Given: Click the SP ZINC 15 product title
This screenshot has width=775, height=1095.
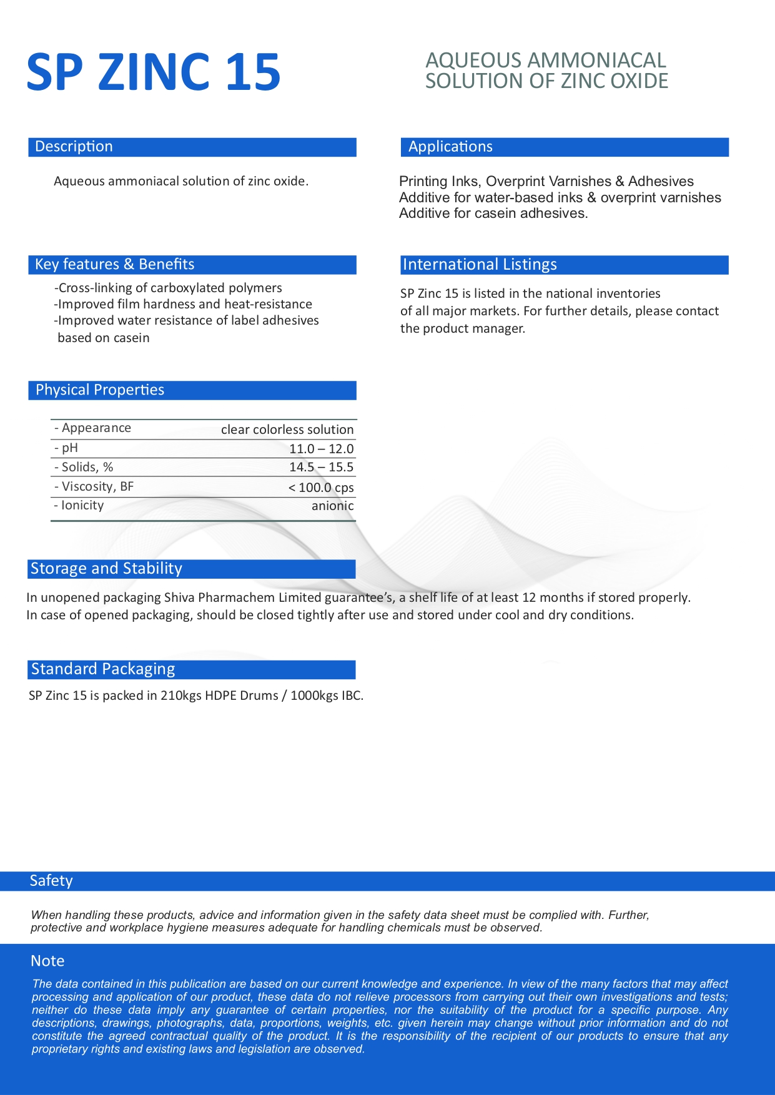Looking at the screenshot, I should click(154, 72).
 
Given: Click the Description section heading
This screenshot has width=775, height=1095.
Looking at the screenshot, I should click(74, 147).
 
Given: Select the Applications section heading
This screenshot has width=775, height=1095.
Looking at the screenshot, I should click(450, 147).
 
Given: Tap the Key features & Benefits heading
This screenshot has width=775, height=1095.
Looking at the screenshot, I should click(114, 264).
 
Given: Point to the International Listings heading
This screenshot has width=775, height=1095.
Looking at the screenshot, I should click(480, 265).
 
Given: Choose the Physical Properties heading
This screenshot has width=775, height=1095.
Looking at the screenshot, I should click(100, 390).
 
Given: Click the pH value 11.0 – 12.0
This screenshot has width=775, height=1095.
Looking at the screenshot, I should click(321, 449).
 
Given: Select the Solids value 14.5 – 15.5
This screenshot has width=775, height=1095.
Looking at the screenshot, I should click(321, 467).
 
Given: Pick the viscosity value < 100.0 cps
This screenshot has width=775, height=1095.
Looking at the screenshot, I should click(321, 488).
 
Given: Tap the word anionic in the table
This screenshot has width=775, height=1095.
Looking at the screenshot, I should click(332, 506).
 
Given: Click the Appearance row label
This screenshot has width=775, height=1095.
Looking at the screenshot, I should click(93, 428).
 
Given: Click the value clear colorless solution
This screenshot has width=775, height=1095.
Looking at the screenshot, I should click(287, 430).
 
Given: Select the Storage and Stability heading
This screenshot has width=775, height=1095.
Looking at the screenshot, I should click(106, 569).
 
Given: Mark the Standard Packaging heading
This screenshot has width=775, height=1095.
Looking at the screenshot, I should click(103, 669).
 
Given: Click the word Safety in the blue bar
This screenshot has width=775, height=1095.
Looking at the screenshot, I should click(51, 881).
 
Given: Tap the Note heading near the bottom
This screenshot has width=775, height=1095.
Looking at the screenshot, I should click(47, 961).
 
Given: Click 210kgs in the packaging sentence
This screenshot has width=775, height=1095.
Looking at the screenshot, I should click(181, 695).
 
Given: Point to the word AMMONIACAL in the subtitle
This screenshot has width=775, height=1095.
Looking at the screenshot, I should click(596, 61).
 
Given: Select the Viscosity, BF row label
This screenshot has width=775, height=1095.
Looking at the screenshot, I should click(94, 486).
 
